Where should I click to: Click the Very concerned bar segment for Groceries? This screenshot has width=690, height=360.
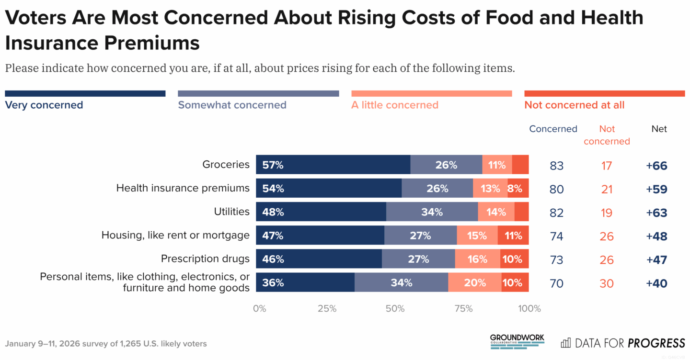pyautogui.click(x=333, y=165)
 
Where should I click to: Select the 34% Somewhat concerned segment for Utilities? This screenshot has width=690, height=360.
pyautogui.click(x=432, y=212)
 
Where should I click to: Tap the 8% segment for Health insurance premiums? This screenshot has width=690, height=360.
pyautogui.click(x=518, y=188)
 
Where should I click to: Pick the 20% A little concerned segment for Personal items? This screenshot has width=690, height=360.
pyautogui.click(x=475, y=282)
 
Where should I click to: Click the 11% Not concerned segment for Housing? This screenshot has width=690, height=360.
pyautogui.click(x=513, y=236)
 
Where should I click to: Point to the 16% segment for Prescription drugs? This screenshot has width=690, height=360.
pyautogui.click(x=477, y=259)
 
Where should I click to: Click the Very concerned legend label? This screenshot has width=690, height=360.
pyautogui.click(x=44, y=105)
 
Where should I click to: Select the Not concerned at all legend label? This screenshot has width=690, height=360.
pyautogui.click(x=574, y=105)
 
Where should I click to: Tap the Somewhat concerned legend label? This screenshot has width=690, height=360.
pyautogui.click(x=232, y=105)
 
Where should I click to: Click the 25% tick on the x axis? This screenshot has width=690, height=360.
pyautogui.click(x=327, y=309)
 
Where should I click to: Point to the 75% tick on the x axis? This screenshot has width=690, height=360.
pyautogui.click(x=463, y=309)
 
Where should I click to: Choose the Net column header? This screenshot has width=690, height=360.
pyautogui.click(x=659, y=129)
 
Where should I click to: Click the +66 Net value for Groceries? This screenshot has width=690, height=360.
pyautogui.click(x=656, y=166)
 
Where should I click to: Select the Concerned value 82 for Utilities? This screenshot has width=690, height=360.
pyautogui.click(x=556, y=213)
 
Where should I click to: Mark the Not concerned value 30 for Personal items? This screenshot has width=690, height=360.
pyautogui.click(x=607, y=283)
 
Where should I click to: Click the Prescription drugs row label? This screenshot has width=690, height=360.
pyautogui.click(x=205, y=259)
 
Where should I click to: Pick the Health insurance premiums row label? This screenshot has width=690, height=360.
pyautogui.click(x=183, y=188)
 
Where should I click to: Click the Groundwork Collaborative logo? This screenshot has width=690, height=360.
pyautogui.click(x=517, y=342)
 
